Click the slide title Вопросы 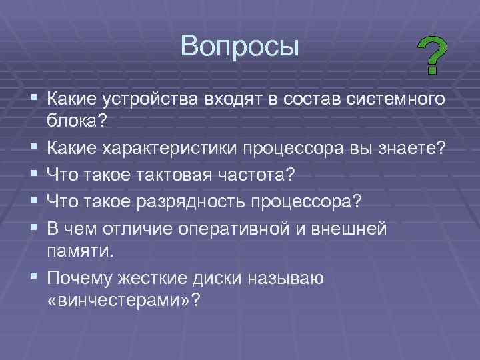point(240,46)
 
